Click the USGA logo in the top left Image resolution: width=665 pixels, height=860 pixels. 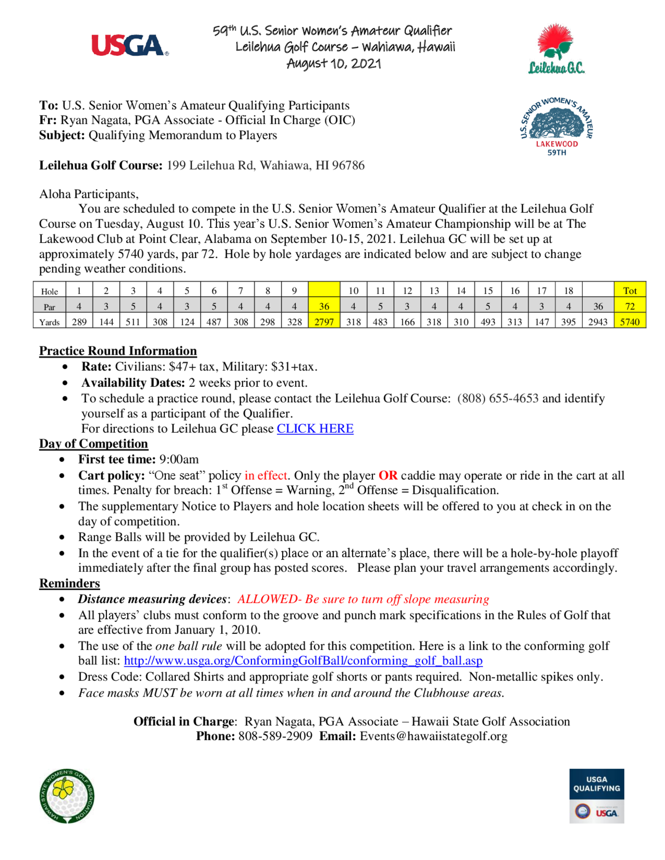click(130, 46)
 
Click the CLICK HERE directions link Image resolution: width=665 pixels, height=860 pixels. click(315, 428)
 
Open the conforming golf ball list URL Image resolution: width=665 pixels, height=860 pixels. click(303, 660)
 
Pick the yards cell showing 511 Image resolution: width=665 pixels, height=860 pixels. click(133, 322)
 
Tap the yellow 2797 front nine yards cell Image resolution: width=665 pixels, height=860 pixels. click(324, 322)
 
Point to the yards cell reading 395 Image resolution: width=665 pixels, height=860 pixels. click(568, 322)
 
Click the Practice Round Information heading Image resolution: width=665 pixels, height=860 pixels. click(118, 351)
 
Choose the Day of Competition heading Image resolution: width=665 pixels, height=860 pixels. click(93, 443)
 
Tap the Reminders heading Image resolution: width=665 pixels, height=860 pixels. click(69, 583)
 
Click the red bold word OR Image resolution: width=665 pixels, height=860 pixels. click(388, 475)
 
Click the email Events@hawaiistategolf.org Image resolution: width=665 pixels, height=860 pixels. click(433, 736)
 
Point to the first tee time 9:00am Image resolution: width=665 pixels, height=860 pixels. click(179, 459)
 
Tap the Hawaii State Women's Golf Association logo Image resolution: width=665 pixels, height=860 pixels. click(67, 796)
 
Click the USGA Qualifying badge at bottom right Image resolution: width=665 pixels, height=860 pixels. click(597, 796)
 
